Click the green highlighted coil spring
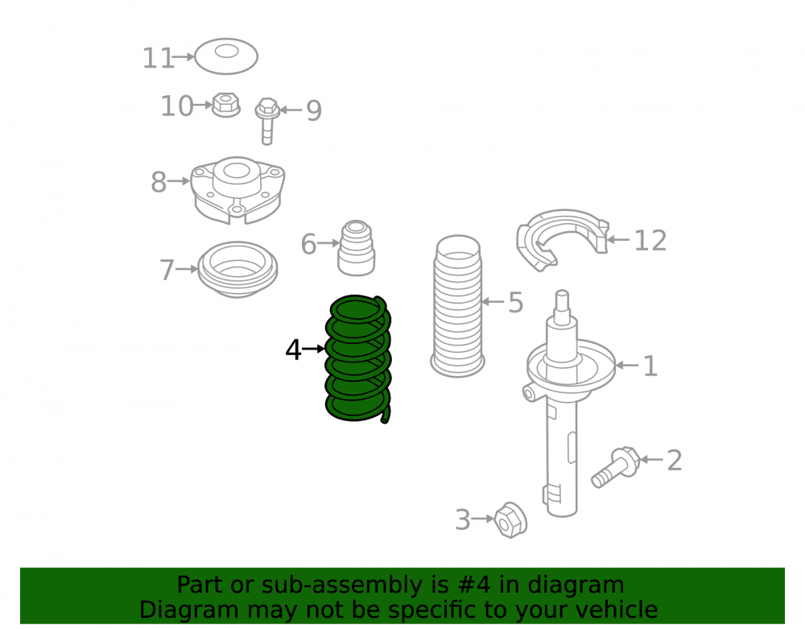tap(358, 359)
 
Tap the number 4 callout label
tap(293, 350)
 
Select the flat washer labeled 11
tap(226, 56)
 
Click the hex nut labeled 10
tap(226, 105)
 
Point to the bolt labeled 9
tap(267, 120)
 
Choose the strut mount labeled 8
tap(237, 190)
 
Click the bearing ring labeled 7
tap(237, 270)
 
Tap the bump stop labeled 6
tap(357, 248)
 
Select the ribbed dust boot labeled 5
tap(457, 307)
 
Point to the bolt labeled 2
tap(616, 467)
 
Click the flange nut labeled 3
tap(510, 520)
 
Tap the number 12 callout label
tap(650, 241)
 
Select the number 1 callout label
tap(650, 366)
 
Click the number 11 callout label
tap(158, 59)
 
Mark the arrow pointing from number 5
tap(493, 302)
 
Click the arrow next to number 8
tap(179, 181)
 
